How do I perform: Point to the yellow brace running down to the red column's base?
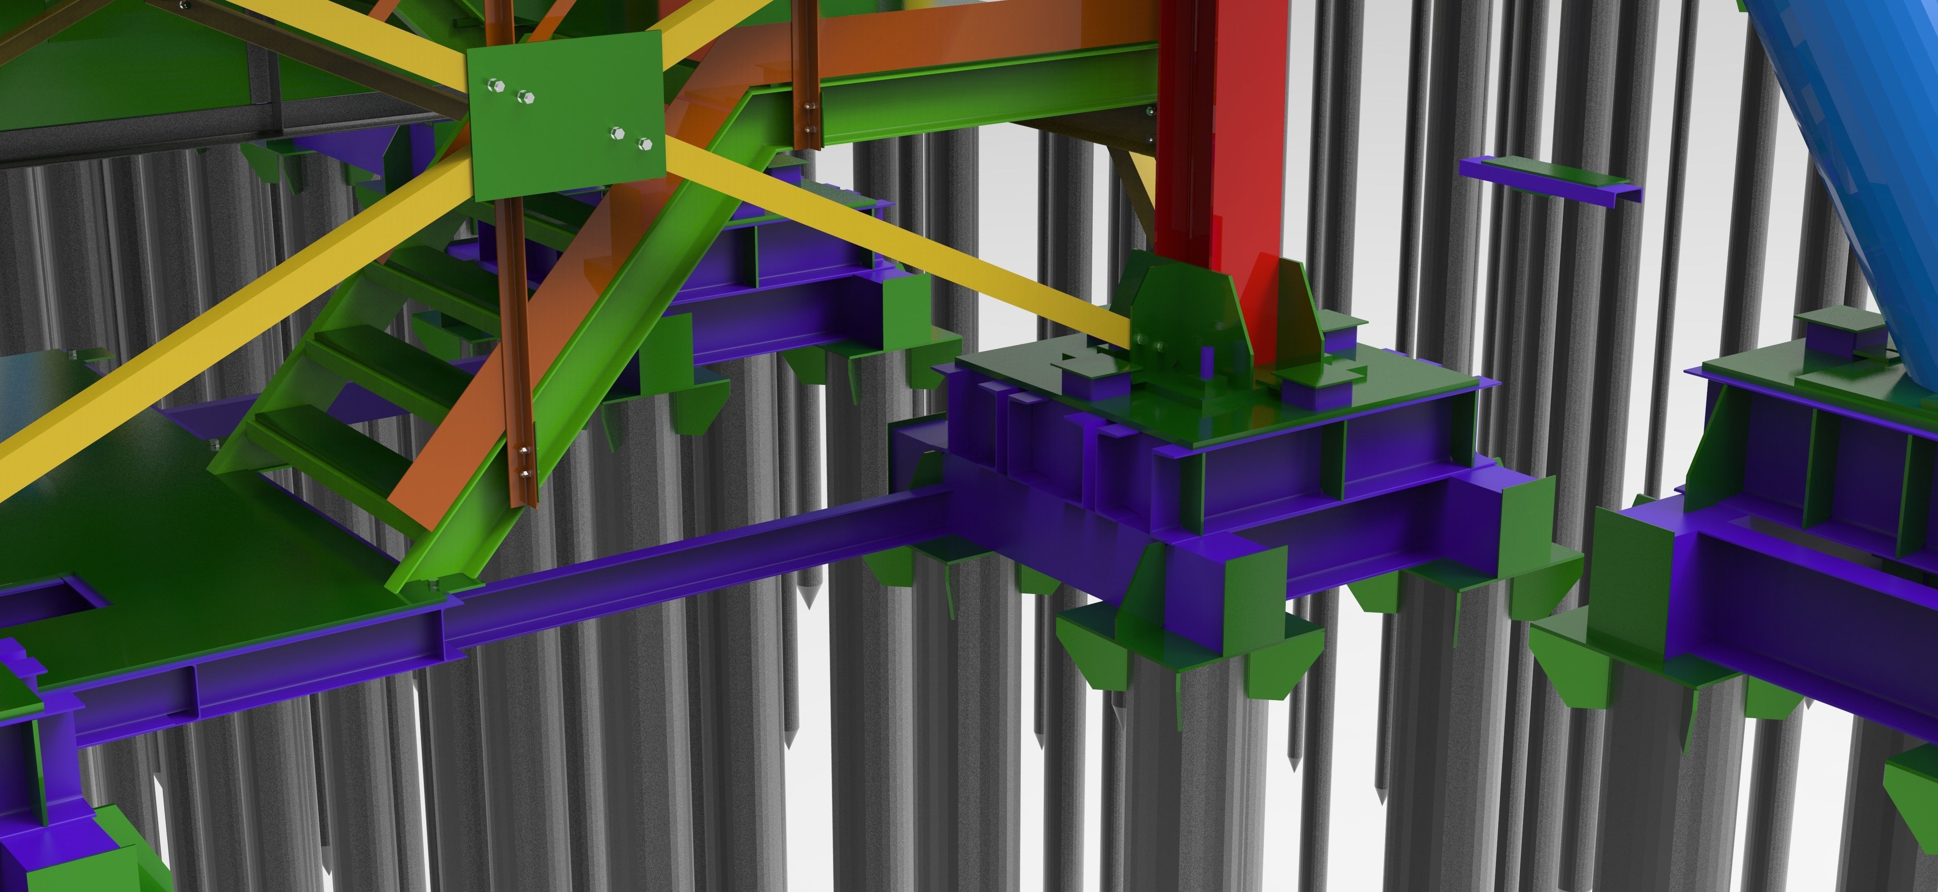point(903,241)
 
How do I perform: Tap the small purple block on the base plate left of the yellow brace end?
point(1095,380)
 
